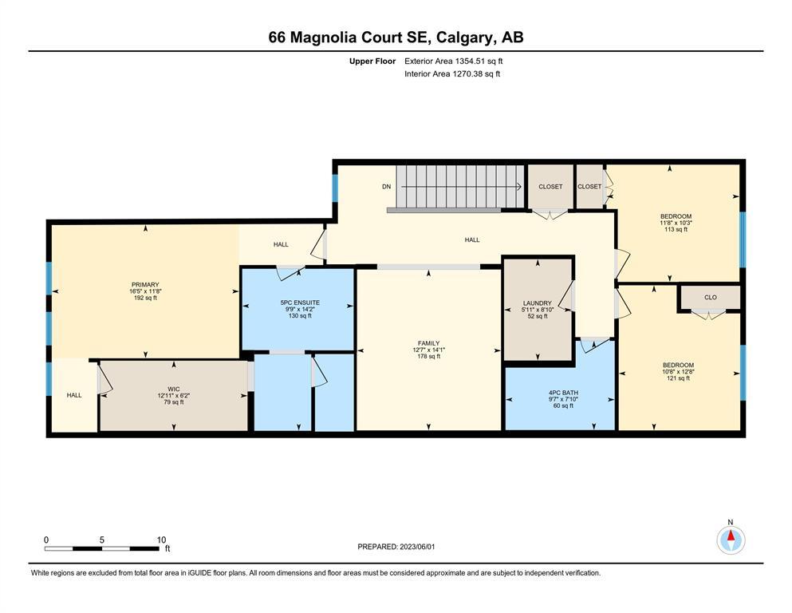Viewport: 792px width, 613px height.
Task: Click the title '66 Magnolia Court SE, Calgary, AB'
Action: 396,38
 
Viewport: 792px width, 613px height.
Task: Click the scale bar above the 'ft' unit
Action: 102,548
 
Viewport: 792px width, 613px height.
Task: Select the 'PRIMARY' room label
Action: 145,284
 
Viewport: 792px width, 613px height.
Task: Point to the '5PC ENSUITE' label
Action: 300,303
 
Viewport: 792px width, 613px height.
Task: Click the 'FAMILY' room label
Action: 429,343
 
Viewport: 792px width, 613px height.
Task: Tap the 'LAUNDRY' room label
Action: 538,303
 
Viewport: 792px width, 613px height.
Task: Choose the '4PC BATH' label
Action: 564,393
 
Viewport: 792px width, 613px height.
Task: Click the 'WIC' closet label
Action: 174,390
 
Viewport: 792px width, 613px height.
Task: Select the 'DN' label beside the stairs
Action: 386,187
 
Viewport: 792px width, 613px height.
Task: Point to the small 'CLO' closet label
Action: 711,297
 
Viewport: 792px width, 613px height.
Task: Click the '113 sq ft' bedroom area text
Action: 676,229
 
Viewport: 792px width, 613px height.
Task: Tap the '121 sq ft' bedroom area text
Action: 679,378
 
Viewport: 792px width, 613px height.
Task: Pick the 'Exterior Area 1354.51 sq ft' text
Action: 454,61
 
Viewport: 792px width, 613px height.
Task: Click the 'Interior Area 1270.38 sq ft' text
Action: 452,73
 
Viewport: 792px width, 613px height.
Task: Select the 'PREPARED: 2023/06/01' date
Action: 396,547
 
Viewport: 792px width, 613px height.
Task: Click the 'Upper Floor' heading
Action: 372,61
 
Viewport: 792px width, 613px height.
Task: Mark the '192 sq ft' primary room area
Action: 145,298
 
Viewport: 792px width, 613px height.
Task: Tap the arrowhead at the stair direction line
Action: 520,187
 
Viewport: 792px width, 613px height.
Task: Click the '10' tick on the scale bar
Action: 161,540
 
